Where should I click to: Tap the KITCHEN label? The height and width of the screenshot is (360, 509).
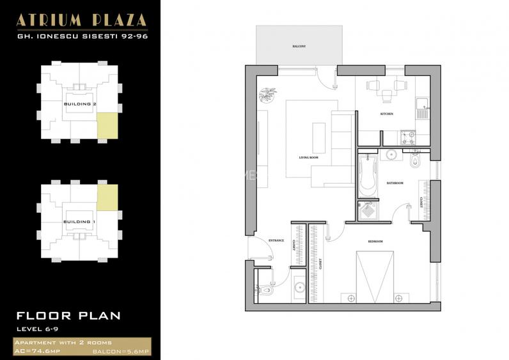pos(386,114)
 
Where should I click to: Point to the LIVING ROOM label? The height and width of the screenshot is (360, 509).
pos(308,157)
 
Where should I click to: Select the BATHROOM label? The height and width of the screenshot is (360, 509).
pos(394,184)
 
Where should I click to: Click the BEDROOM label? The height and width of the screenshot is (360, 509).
pos(375,241)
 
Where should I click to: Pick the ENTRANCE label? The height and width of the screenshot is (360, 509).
pos(276,240)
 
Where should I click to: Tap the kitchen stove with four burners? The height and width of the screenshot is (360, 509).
pos(407,136)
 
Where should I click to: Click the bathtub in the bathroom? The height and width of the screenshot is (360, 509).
pos(366,175)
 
